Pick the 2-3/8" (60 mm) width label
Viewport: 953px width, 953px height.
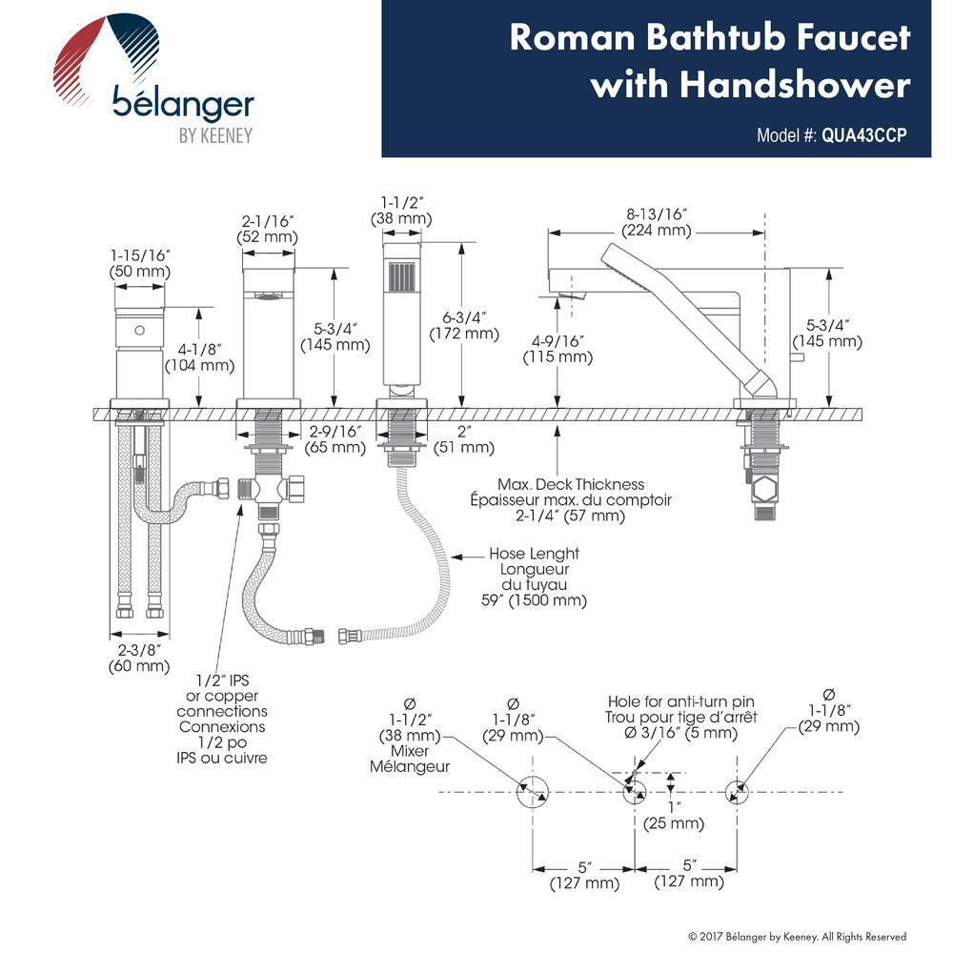[139, 658]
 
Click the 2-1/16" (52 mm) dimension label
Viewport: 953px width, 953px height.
[267, 229]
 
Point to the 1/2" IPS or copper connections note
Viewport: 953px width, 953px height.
[221, 719]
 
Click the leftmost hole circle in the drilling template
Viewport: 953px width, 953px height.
[532, 792]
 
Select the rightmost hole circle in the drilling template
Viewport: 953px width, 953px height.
[736, 792]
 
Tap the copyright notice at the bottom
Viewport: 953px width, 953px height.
[797, 937]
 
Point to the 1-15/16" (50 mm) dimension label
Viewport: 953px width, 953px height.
[139, 264]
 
